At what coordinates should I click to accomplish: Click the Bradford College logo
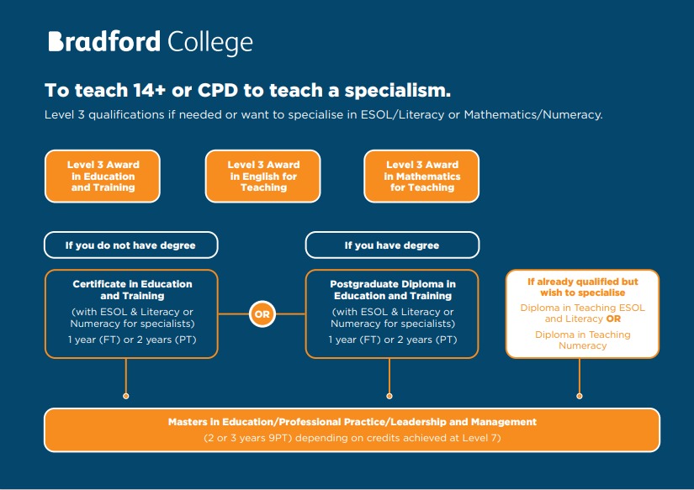pos(151,43)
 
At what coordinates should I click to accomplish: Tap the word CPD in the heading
pos(217,90)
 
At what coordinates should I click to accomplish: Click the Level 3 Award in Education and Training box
pos(103,176)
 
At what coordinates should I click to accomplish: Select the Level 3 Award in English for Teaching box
pos(263,176)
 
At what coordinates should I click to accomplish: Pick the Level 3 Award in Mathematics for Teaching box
pos(421,176)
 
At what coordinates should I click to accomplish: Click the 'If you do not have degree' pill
pos(131,245)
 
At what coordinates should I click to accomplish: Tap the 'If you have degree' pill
pos(392,245)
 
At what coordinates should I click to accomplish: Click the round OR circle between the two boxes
pos(262,314)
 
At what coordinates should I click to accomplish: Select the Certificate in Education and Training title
pos(132,290)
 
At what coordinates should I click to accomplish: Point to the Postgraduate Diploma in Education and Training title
pos(393,290)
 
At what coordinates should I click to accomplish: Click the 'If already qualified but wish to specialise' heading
pos(582,287)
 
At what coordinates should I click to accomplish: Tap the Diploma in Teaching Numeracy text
pos(582,340)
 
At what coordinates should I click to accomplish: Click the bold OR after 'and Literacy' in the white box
pos(613,319)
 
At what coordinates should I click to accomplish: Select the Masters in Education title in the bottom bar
pos(352,422)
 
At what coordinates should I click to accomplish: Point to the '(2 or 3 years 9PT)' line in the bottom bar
pos(352,438)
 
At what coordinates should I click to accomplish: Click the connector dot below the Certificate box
pos(125,396)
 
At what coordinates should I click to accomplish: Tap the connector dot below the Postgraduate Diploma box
pos(389,396)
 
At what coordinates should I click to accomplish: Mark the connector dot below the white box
pos(580,396)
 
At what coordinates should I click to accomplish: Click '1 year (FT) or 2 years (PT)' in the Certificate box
pos(132,340)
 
